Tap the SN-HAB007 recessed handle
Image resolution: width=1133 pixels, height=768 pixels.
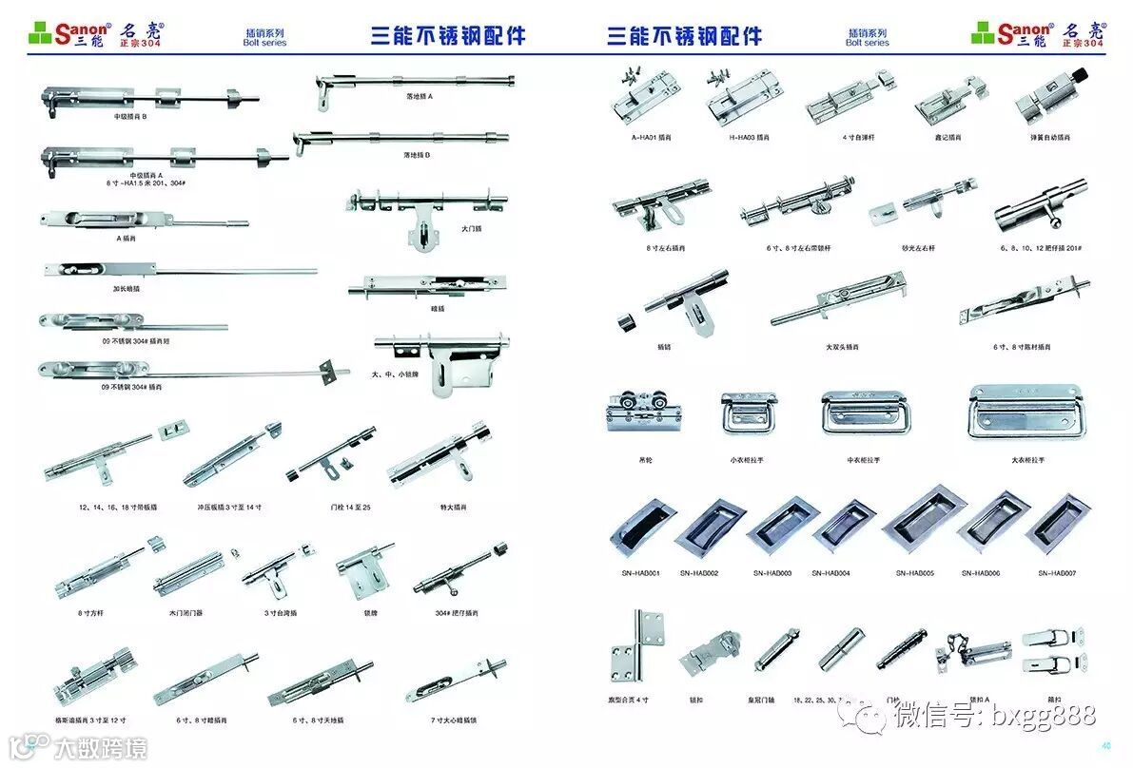pyautogui.click(x=1061, y=522)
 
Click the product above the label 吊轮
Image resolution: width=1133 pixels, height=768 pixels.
pyautogui.click(x=646, y=412)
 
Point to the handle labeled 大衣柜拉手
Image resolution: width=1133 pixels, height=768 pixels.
pyautogui.click(x=1028, y=413)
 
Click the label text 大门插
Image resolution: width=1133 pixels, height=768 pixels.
pyautogui.click(x=472, y=228)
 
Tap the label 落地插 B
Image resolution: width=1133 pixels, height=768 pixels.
pyautogui.click(x=417, y=154)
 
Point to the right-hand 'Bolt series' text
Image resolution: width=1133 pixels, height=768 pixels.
pyautogui.click(x=867, y=43)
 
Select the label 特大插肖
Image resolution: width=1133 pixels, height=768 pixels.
pyautogui.click(x=455, y=507)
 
